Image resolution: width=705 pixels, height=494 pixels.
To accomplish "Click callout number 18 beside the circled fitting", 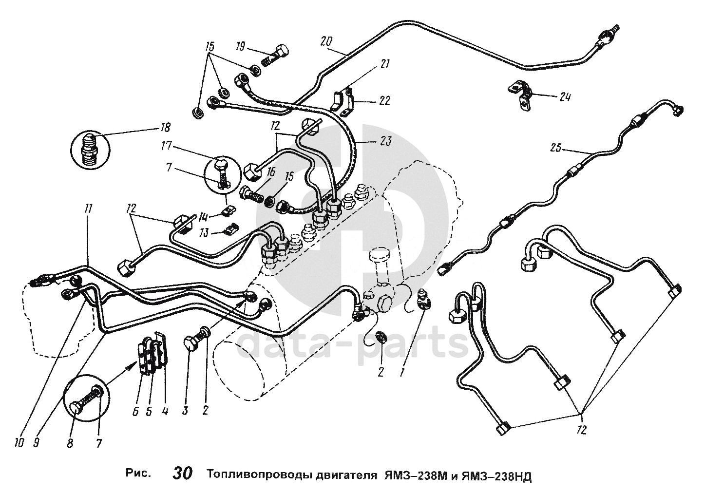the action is point(165,128).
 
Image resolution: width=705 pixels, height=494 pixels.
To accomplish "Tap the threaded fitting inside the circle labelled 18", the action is point(91,150).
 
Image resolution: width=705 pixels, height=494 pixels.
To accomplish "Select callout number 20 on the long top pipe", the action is point(326,41).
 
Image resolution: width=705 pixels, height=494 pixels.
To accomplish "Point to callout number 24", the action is point(565,97).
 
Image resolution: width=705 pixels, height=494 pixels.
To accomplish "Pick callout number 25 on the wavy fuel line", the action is point(556,148).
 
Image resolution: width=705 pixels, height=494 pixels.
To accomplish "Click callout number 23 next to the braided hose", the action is point(385,141).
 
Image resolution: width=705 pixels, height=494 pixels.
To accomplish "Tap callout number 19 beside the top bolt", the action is point(241,48).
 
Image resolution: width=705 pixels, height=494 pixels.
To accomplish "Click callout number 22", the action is point(384,101).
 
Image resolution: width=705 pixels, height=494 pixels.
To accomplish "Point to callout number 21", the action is point(384,64).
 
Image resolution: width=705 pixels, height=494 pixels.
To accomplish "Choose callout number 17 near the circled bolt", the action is point(167,146).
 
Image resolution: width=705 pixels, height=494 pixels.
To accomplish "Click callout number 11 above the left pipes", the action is point(89,209).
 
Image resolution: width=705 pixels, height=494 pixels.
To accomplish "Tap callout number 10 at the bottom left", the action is point(19,443).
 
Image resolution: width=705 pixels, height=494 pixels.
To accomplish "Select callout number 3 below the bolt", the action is point(185,410).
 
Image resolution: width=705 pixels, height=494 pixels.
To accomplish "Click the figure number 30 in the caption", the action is point(183,473).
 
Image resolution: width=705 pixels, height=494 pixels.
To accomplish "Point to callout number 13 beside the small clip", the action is point(204,233).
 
